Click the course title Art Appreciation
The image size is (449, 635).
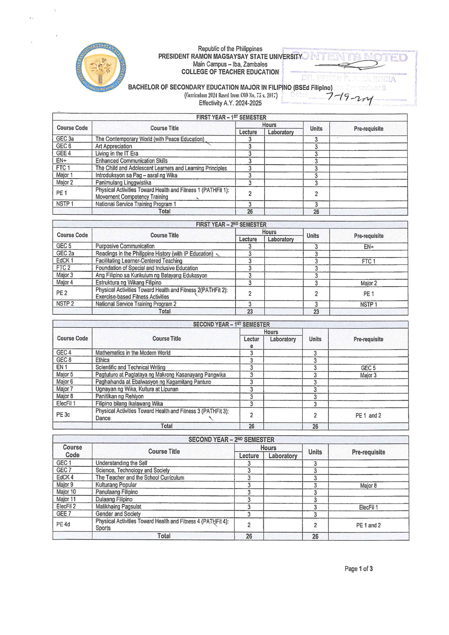[114, 146]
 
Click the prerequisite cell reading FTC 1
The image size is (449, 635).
[368, 261]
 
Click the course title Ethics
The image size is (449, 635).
[102, 360]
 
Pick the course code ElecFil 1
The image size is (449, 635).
[66, 404]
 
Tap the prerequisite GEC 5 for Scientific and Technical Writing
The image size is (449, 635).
[368, 368]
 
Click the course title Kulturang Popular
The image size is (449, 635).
[116, 485]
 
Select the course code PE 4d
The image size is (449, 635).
[63, 524]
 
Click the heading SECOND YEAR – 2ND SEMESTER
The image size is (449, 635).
[231, 440]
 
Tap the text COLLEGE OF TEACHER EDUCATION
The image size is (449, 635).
[230, 72]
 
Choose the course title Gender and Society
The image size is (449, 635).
[118, 514]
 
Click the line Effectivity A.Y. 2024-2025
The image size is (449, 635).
[230, 103]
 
